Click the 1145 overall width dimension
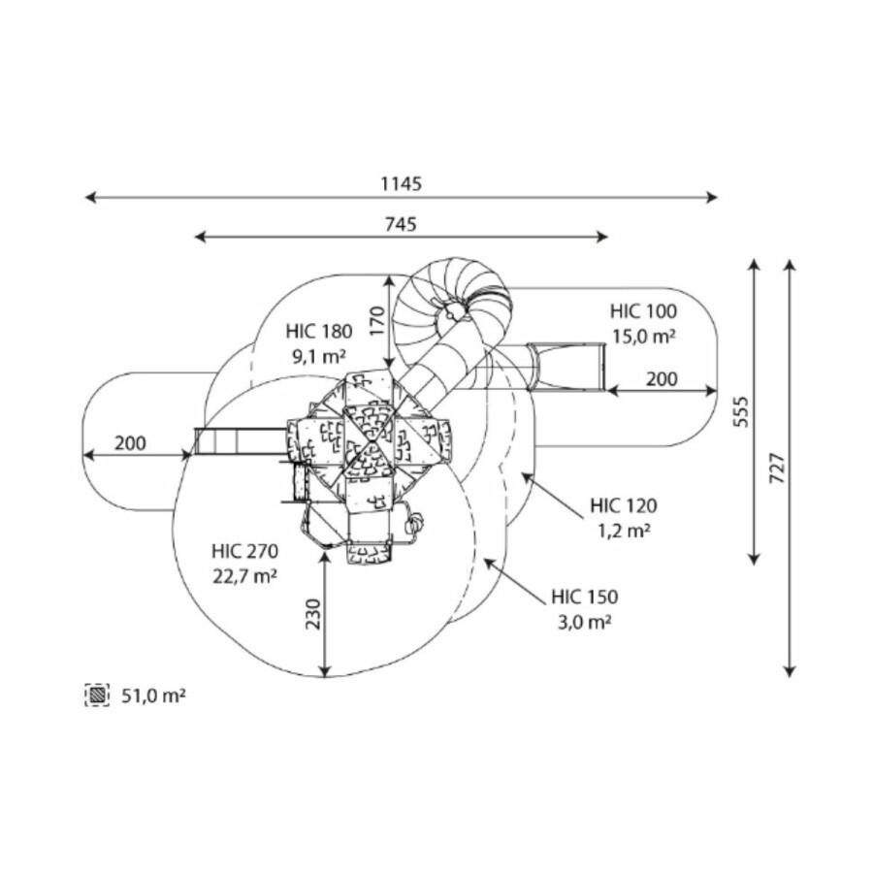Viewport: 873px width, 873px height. [x=401, y=182]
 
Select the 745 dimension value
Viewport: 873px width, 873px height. [x=401, y=223]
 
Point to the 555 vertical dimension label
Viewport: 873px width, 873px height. [x=743, y=411]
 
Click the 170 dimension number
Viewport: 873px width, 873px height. [x=376, y=317]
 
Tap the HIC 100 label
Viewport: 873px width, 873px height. [x=643, y=311]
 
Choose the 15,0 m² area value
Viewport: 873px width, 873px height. [x=643, y=336]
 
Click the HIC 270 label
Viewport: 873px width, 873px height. [x=245, y=551]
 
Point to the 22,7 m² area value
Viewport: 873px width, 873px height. [x=245, y=575]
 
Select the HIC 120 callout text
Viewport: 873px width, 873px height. [x=623, y=505]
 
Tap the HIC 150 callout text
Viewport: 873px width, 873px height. [x=584, y=597]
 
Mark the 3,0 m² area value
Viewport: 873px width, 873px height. [x=584, y=621]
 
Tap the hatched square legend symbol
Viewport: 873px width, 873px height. [x=97, y=695]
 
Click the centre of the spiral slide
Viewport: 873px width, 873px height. [x=453, y=312]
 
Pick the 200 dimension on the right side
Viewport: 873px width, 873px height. [x=662, y=379]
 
